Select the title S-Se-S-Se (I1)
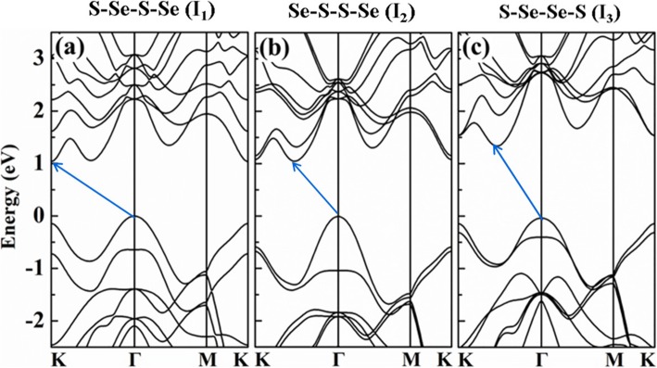[134, 13]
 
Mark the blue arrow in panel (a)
[93, 189]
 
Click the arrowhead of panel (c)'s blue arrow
[495, 146]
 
